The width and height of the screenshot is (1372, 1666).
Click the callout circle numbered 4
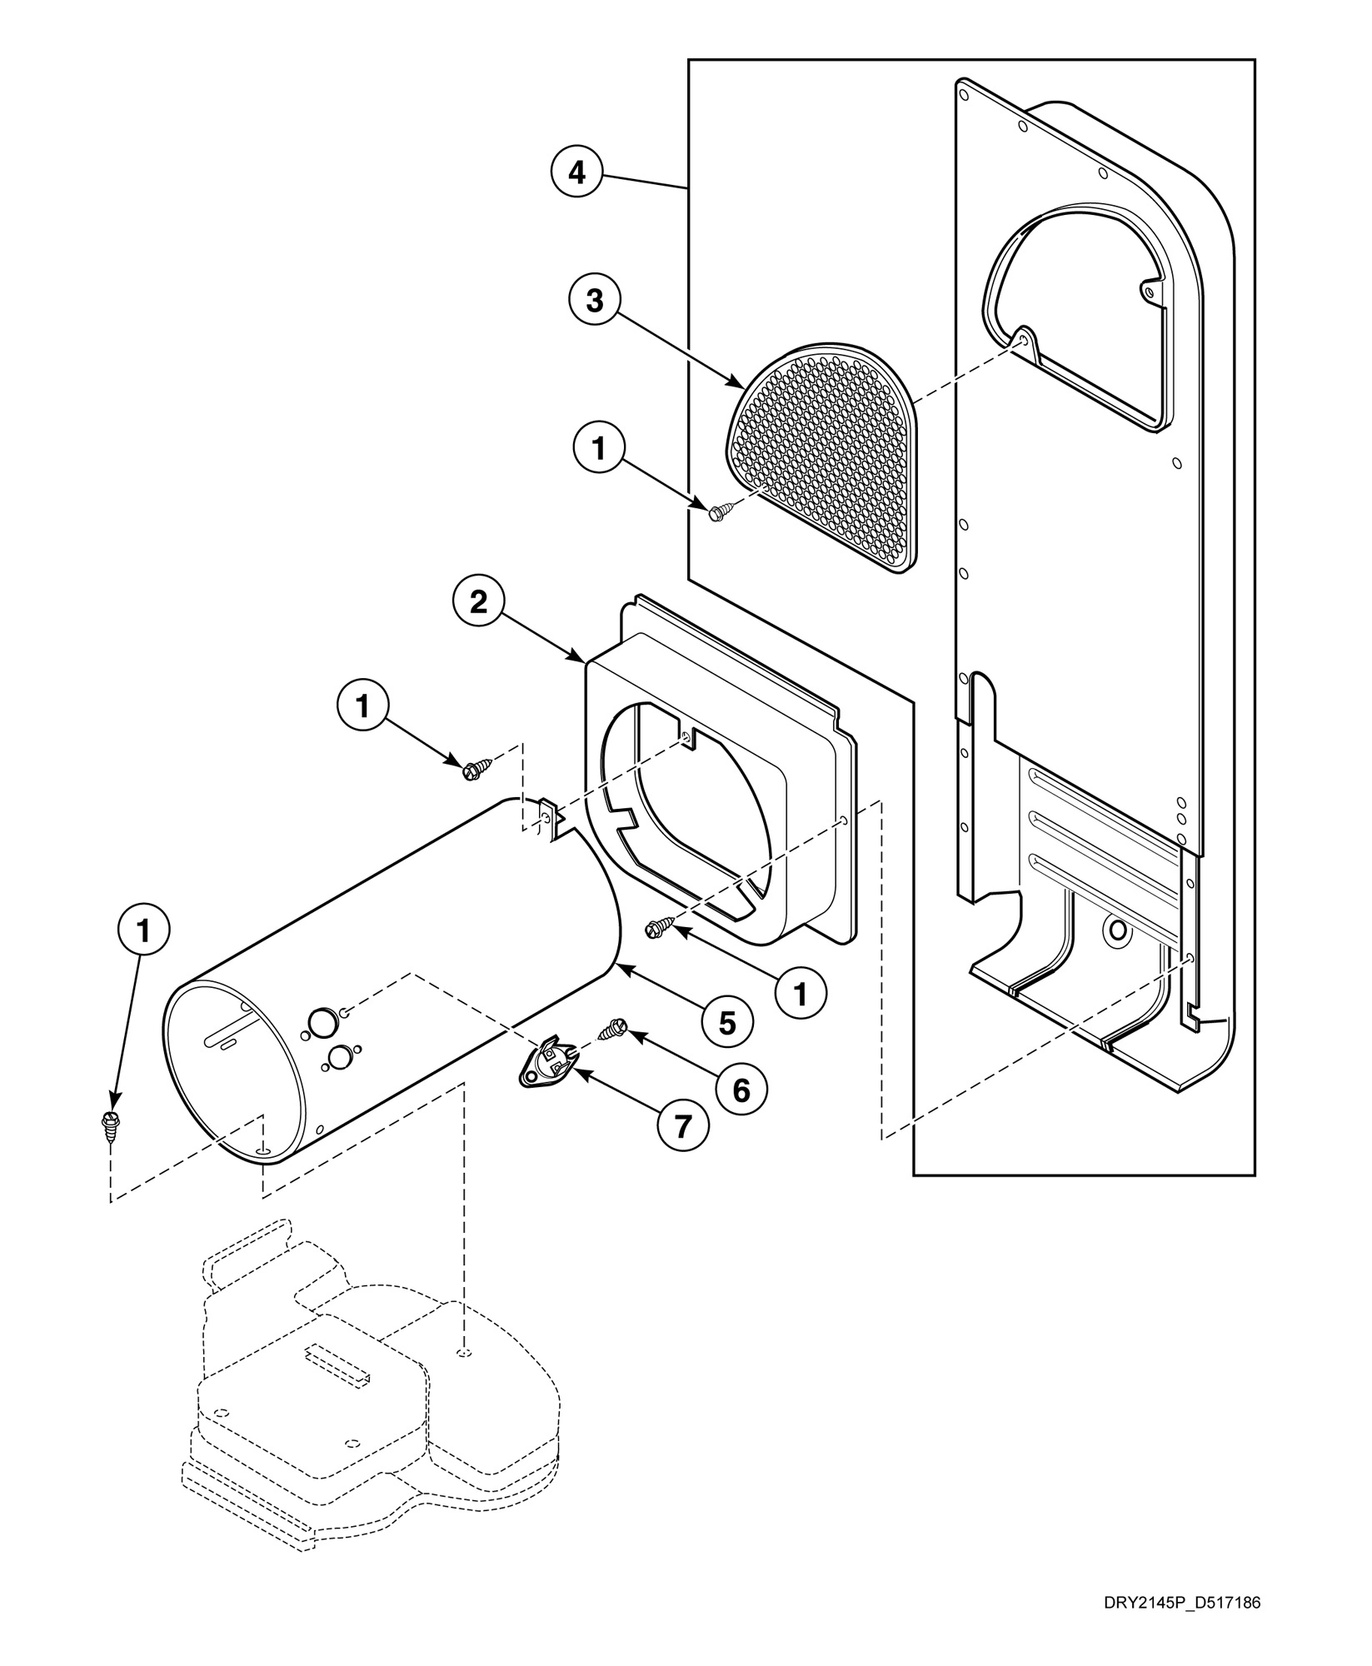pos(576,173)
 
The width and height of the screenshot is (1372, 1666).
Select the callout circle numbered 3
pos(594,301)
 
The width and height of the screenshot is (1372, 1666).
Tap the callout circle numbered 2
pos(478,602)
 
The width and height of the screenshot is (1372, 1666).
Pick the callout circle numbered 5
pos(727,1022)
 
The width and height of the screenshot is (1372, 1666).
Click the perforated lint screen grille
pos(825,454)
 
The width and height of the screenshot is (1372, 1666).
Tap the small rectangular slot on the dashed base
pos(338,1365)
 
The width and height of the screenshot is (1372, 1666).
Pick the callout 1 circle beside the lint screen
pos(598,448)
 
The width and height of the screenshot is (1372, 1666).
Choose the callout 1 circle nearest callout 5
pos(801,992)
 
